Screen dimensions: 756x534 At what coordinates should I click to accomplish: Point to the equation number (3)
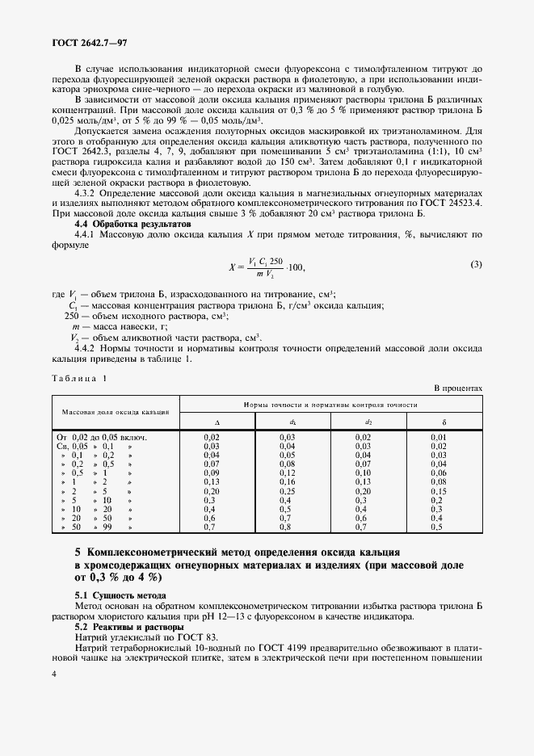(477, 264)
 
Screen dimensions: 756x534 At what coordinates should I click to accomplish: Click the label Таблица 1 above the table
(79, 377)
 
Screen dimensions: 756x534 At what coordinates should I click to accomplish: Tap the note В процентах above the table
(459, 388)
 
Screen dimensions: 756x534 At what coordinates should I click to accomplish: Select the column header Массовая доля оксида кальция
(117, 411)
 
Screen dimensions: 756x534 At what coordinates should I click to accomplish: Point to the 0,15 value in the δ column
(438, 491)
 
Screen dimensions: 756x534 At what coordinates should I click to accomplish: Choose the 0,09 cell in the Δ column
(212, 472)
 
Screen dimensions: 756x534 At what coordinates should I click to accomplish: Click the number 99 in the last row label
(106, 527)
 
